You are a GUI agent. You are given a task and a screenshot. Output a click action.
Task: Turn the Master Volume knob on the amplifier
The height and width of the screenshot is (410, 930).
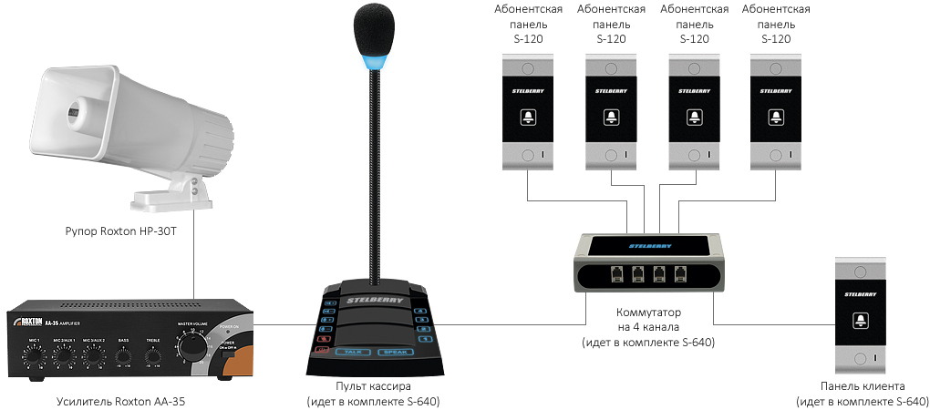(x=192, y=347)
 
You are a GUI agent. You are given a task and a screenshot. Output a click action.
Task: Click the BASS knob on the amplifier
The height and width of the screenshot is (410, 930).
(x=124, y=356)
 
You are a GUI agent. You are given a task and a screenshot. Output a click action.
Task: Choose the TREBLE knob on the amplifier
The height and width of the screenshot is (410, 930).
(x=153, y=356)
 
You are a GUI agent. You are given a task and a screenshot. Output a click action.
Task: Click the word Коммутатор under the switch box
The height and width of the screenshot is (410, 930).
(x=648, y=313)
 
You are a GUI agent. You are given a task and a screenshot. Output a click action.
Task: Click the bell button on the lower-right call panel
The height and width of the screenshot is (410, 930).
(x=862, y=321)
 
